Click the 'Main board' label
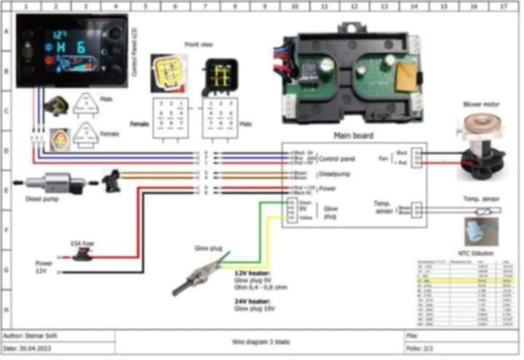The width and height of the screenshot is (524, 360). (x=353, y=136)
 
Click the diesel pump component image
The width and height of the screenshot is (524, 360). (x=49, y=183)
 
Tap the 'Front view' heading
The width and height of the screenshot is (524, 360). (x=199, y=44)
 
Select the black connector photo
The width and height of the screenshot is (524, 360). (x=219, y=76)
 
